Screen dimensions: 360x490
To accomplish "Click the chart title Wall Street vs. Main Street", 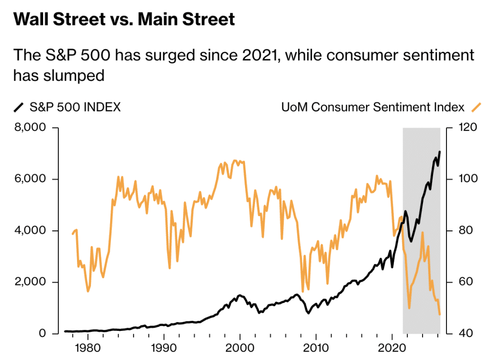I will [x=124, y=20].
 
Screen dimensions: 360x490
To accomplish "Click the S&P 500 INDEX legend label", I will [x=75, y=107].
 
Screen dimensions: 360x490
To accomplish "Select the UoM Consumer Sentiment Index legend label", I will [x=373, y=107].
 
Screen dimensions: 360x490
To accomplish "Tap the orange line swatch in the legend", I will [x=476, y=107].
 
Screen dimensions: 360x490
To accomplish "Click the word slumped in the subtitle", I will [x=74, y=75].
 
